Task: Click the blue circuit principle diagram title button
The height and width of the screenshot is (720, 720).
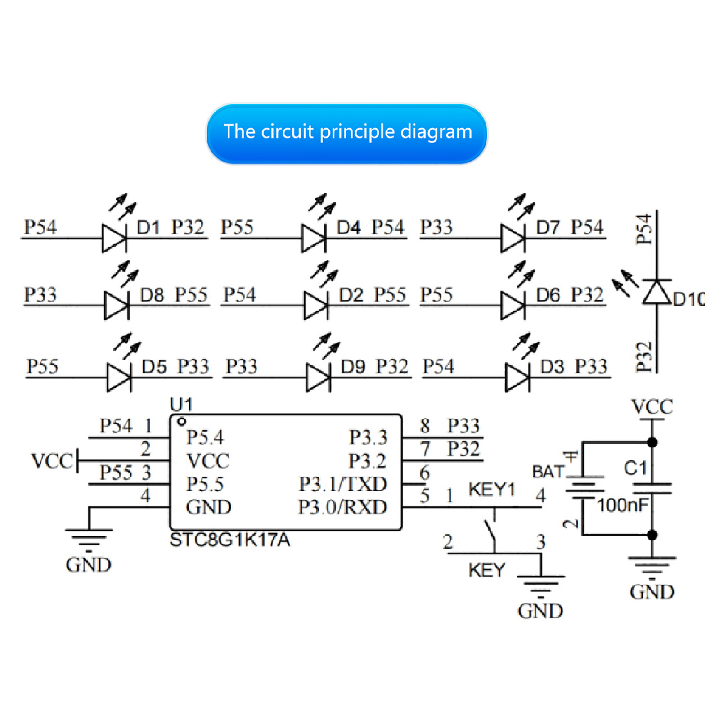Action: tap(346, 134)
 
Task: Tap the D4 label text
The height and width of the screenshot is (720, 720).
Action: tap(349, 228)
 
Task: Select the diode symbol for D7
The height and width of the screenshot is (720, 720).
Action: tap(513, 238)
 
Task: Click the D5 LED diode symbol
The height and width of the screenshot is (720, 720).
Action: tap(119, 377)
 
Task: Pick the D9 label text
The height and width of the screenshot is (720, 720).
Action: tap(353, 367)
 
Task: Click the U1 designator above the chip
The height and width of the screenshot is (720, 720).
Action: tap(181, 405)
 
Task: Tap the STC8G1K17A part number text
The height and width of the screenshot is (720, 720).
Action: tap(230, 540)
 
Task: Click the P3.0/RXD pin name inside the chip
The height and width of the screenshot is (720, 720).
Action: tap(342, 507)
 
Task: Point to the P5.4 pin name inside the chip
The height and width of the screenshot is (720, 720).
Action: tap(205, 437)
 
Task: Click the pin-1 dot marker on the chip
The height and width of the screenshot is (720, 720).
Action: tap(182, 422)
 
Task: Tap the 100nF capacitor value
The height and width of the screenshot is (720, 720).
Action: tap(623, 505)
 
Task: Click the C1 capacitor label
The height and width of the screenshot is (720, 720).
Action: tap(635, 468)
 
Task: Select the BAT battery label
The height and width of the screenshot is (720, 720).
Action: tap(548, 472)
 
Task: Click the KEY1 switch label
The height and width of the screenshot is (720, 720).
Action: tap(491, 489)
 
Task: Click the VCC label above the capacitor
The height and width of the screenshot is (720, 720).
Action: tap(652, 407)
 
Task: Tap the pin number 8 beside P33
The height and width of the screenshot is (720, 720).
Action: tap(425, 426)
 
